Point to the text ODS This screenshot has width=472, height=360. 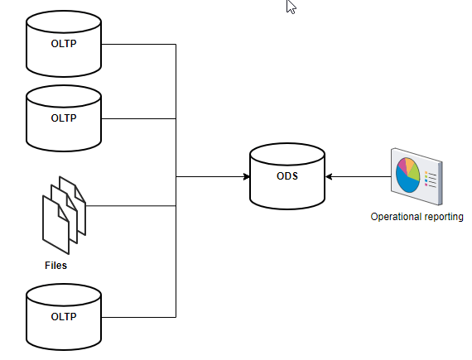[287, 176]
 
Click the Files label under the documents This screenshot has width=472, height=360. [55, 266]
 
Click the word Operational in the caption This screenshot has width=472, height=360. [396, 218]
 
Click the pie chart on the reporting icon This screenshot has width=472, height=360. [409, 174]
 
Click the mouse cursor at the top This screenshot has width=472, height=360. [291, 7]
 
